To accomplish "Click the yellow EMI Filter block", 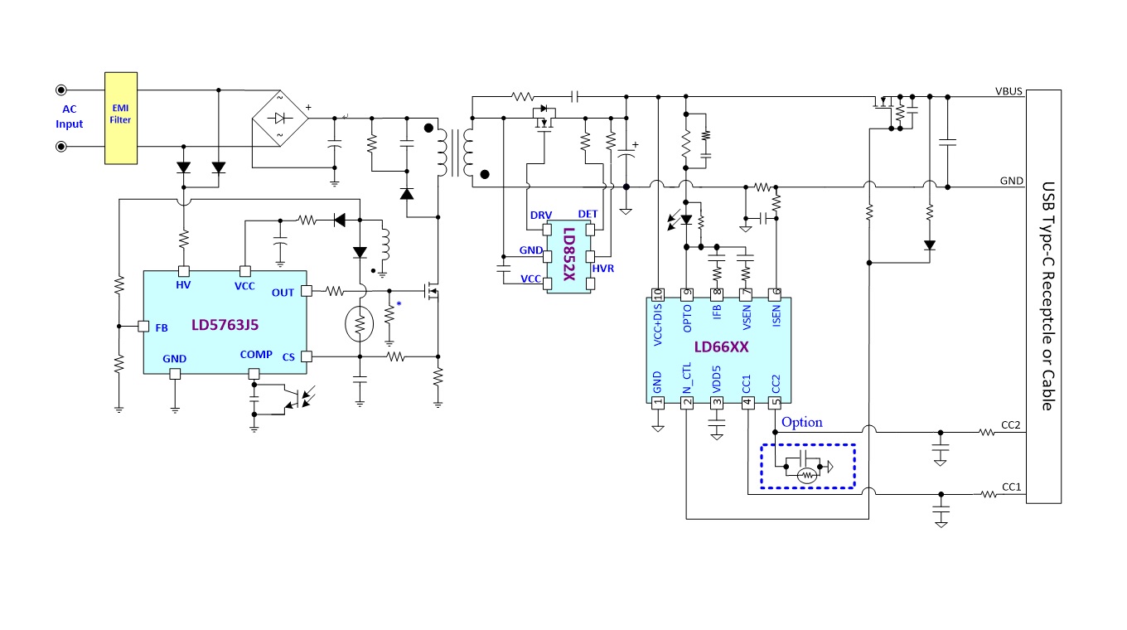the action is point(121,119).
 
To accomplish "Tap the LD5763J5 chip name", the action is point(225,325).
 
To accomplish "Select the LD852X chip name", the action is point(569,254).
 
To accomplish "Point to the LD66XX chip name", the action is point(721,346).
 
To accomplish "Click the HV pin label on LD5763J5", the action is point(183,285).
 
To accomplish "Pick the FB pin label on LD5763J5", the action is point(162,328).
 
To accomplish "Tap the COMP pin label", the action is point(256,354).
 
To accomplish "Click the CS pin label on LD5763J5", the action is point(288,357).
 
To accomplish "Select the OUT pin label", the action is point(283,293).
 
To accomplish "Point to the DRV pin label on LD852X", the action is point(541,215).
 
